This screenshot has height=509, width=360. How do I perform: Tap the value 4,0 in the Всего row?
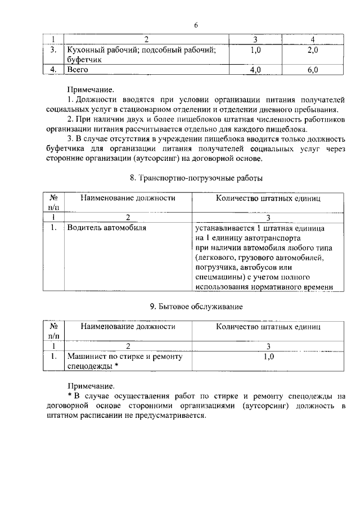[x=255, y=70]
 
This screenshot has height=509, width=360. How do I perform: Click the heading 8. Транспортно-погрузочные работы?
[x=196, y=178]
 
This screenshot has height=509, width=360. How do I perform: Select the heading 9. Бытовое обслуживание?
[x=196, y=307]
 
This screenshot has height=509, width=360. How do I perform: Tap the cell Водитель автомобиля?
[x=106, y=228]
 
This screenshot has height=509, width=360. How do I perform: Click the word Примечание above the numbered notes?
[x=90, y=89]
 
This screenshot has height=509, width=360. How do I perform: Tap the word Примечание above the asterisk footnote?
[x=90, y=386]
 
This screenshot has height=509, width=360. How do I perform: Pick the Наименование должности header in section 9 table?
[x=128, y=326]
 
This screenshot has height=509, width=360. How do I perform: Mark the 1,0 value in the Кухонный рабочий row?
[x=255, y=51]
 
